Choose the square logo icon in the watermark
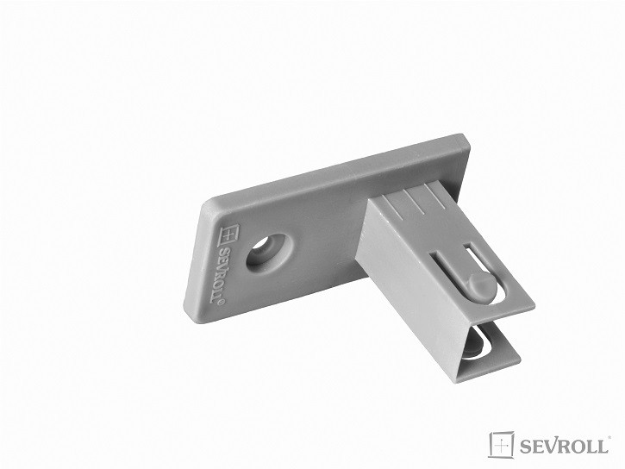tap(502, 444)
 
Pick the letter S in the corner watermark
tap(526, 446)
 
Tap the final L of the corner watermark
tap(606, 446)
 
